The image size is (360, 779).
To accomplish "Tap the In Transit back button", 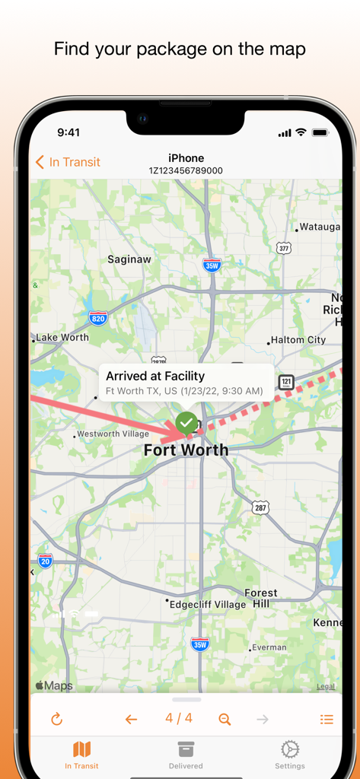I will (x=68, y=162).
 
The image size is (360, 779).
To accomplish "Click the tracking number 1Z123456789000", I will (x=186, y=171).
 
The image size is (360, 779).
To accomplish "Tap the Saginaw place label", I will (x=129, y=259).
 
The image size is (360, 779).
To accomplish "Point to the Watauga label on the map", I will (x=320, y=227).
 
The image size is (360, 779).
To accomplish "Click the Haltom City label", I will (x=298, y=340).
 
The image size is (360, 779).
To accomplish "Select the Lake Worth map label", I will (x=62, y=337).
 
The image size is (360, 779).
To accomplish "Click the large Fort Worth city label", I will (x=186, y=450).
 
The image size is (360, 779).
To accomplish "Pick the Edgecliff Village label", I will (x=208, y=605).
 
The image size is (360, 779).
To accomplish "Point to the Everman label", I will (x=269, y=647).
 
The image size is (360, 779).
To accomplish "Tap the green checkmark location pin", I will (x=186, y=421).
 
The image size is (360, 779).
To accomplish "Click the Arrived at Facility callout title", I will (x=155, y=376).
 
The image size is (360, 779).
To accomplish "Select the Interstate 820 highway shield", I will (x=97, y=318).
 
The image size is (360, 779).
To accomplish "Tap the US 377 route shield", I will (x=284, y=248).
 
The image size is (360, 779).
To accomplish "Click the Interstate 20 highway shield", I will (x=46, y=561).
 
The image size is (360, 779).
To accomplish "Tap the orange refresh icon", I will (x=56, y=719).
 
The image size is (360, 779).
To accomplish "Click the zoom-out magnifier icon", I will (x=225, y=719).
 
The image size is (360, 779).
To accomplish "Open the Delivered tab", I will (x=186, y=754).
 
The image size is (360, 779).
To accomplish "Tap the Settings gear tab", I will (x=289, y=754).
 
